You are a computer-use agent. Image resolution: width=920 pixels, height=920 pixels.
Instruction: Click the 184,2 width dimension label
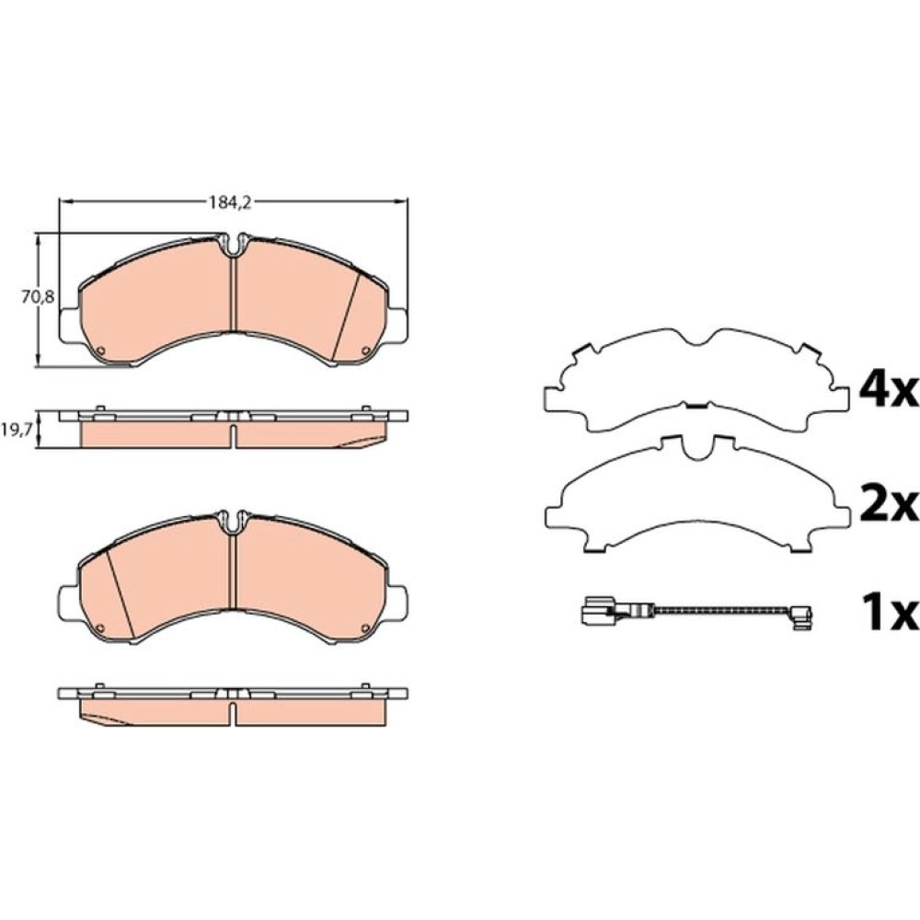pos(230,203)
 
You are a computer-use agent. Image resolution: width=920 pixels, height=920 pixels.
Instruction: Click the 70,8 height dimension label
pos(38,297)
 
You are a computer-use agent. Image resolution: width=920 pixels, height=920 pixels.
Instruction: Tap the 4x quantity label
pos(887,391)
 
